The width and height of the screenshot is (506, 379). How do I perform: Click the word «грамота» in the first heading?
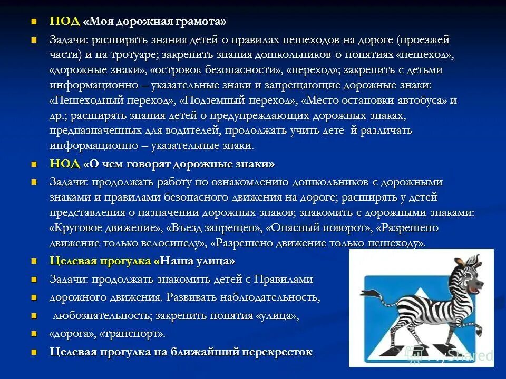(201, 22)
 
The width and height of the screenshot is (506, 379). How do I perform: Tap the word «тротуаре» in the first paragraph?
(134, 55)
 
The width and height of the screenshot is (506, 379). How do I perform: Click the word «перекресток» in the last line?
(277, 352)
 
